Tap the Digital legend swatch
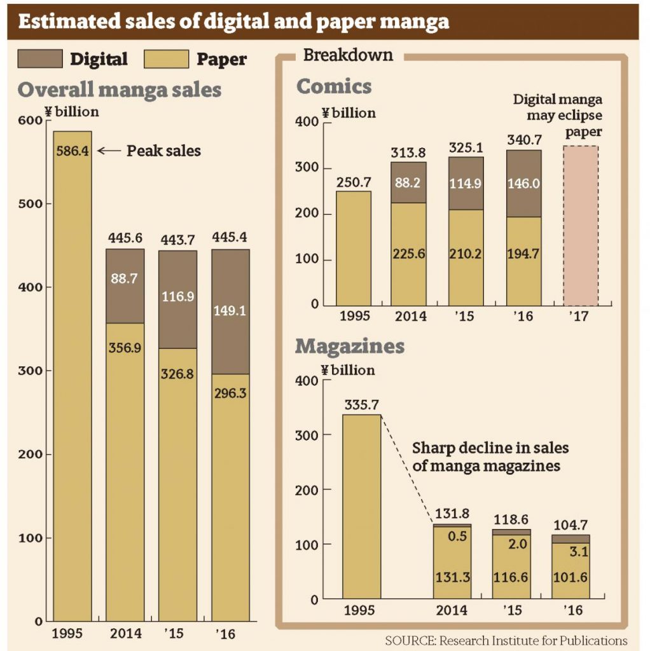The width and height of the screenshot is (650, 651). (x=39, y=58)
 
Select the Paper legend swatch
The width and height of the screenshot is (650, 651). (x=166, y=58)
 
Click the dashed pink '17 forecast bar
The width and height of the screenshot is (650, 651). (x=580, y=226)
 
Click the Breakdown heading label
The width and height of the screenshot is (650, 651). (x=348, y=55)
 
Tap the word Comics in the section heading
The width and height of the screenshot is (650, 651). (x=334, y=86)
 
